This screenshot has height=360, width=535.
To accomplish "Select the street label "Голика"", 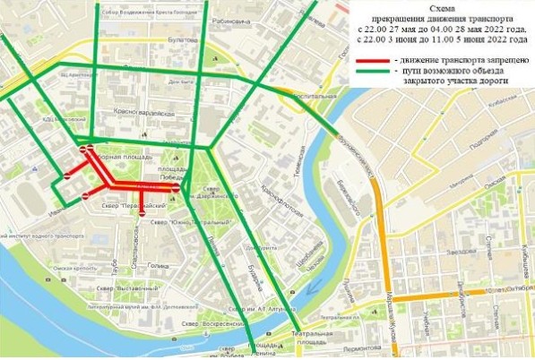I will [158, 266].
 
